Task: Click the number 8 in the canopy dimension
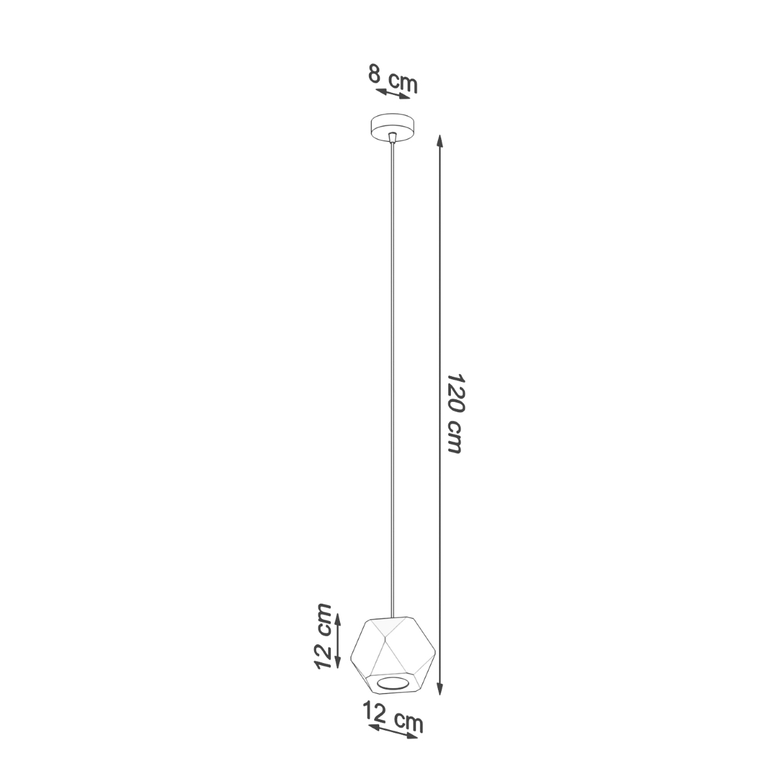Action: point(374,74)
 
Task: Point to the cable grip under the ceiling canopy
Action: point(392,137)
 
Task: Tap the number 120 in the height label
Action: point(454,393)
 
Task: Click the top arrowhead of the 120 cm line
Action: point(440,141)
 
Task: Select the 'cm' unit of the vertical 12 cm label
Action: point(325,620)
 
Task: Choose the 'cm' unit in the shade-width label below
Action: point(409,722)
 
